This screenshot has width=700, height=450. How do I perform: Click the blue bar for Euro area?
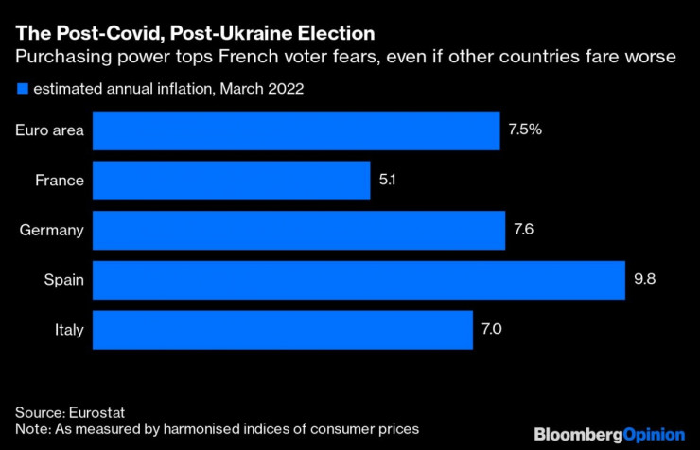tap(296, 130)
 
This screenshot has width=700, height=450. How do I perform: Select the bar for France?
tap(232, 180)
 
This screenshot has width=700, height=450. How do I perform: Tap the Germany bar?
tap(299, 230)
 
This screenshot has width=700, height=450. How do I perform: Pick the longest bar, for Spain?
tap(359, 280)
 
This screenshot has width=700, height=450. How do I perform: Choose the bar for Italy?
tap(283, 330)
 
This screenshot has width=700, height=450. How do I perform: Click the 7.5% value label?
tap(525, 130)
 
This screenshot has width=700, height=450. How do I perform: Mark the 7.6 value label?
tap(522, 230)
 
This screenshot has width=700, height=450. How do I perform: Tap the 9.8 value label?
tap(643, 280)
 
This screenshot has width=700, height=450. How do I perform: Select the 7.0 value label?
tap(491, 330)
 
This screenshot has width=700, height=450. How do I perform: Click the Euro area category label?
tap(49, 130)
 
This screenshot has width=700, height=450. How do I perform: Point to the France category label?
tap(61, 180)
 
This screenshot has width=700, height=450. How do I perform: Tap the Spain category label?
tap(64, 280)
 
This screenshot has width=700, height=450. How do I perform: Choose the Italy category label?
tap(69, 330)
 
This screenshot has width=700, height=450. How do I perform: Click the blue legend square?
tap(21, 90)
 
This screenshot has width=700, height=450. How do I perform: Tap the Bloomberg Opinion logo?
tap(608, 435)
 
